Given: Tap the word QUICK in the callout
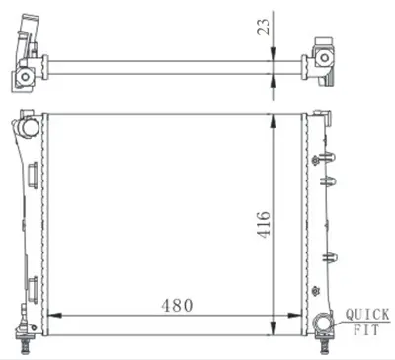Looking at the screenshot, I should (364, 317).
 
